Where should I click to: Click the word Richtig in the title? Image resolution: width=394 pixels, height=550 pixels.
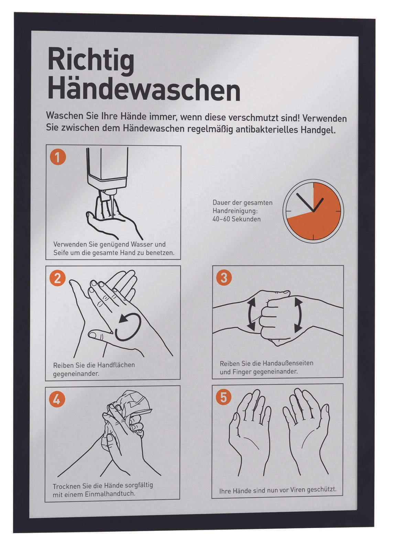91,61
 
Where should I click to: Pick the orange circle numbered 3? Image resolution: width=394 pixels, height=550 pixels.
224,278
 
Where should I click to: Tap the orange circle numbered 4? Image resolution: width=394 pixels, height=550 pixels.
57,399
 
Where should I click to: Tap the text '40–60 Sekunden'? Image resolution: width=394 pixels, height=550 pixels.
237,219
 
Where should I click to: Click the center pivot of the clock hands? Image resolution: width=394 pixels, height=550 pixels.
313,211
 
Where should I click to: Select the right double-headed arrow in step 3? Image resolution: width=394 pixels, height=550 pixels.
299,315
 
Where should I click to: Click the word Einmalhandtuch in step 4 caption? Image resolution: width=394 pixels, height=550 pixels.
110,494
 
